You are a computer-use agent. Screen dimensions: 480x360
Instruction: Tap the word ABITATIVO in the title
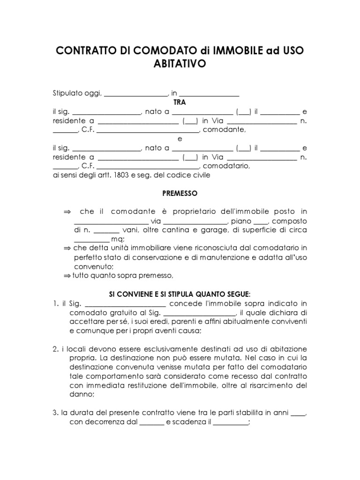click(x=180, y=64)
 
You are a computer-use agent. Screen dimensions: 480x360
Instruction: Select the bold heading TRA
click(x=180, y=102)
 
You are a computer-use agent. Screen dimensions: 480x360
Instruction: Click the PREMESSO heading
click(x=180, y=193)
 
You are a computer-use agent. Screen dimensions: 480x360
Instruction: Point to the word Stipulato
click(x=69, y=93)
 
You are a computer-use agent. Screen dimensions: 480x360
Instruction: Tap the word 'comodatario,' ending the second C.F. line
click(x=227, y=166)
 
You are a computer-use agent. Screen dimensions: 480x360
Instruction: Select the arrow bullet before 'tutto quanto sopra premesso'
click(x=67, y=275)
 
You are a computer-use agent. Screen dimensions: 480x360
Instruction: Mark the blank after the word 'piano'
click(x=261, y=222)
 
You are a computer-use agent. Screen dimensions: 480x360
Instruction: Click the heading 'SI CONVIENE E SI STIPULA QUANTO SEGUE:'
click(x=180, y=294)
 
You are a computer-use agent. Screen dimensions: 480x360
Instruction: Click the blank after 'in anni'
click(x=299, y=414)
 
